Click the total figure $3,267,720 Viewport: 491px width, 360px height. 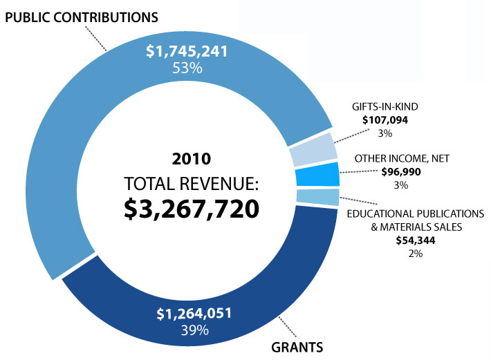tap(192, 209)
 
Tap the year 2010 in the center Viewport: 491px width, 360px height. tap(192, 159)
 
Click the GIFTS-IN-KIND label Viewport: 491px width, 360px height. tap(386, 108)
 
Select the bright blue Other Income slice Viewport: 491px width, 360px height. tap(317, 174)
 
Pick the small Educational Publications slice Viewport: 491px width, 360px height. tap(317, 197)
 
